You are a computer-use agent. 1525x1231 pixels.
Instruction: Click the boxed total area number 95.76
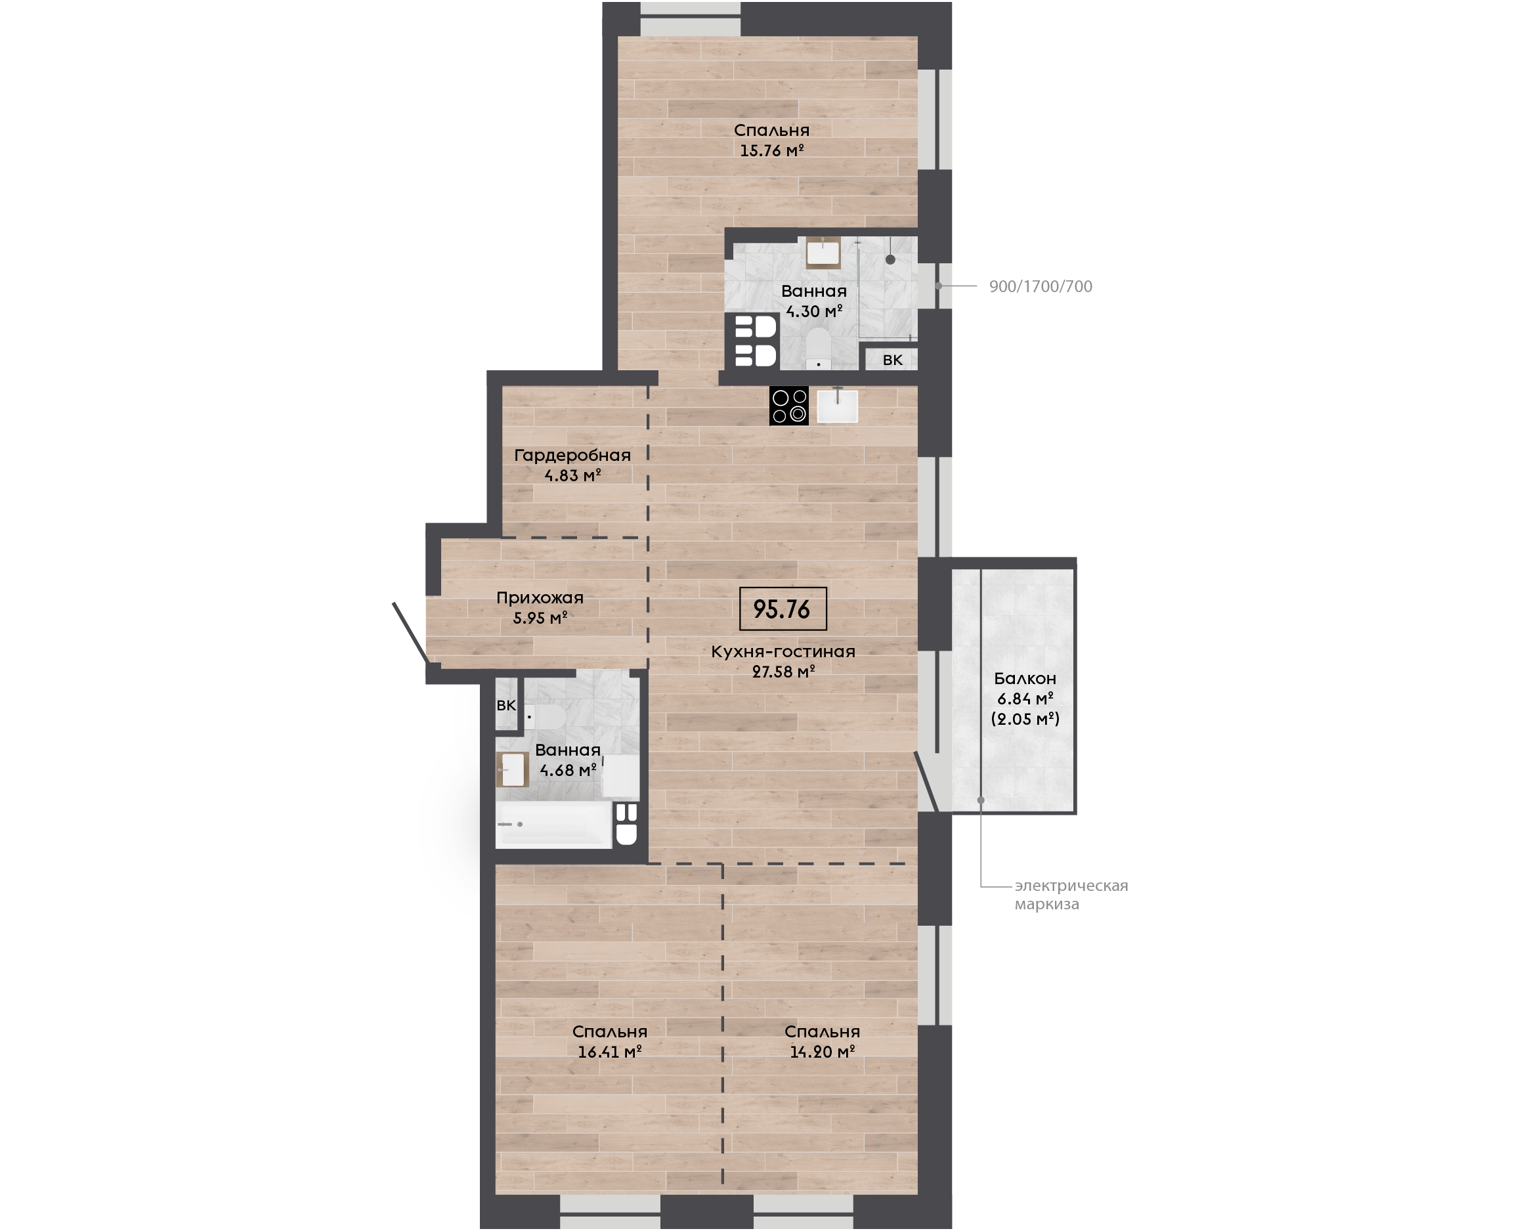(783, 609)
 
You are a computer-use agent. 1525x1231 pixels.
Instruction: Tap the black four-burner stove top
(789, 406)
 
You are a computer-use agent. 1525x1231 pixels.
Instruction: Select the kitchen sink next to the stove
(837, 406)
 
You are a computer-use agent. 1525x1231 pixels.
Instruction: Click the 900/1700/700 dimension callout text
(1040, 286)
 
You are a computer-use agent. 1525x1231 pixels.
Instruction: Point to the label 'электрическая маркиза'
(1071, 895)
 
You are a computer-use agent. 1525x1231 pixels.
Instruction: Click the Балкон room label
(1025, 679)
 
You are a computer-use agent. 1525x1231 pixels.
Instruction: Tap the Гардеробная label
(572, 455)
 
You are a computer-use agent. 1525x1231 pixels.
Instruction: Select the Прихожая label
(540, 597)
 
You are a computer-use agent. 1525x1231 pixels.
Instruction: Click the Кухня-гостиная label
(783, 652)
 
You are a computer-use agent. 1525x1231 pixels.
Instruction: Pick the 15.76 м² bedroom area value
(771, 150)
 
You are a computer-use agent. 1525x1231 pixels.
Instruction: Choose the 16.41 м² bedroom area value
(610, 1052)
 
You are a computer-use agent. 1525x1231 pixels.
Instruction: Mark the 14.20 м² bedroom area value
(823, 1052)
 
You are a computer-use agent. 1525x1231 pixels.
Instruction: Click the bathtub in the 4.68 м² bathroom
(553, 825)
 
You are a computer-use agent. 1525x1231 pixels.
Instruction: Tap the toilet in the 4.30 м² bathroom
(818, 348)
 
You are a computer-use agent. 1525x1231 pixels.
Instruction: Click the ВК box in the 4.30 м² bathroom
(892, 360)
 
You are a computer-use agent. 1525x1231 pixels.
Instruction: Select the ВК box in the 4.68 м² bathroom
(506, 705)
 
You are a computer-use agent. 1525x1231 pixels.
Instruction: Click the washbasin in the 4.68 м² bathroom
(513, 769)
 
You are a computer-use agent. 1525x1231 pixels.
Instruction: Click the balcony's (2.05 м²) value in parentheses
(1025, 719)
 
